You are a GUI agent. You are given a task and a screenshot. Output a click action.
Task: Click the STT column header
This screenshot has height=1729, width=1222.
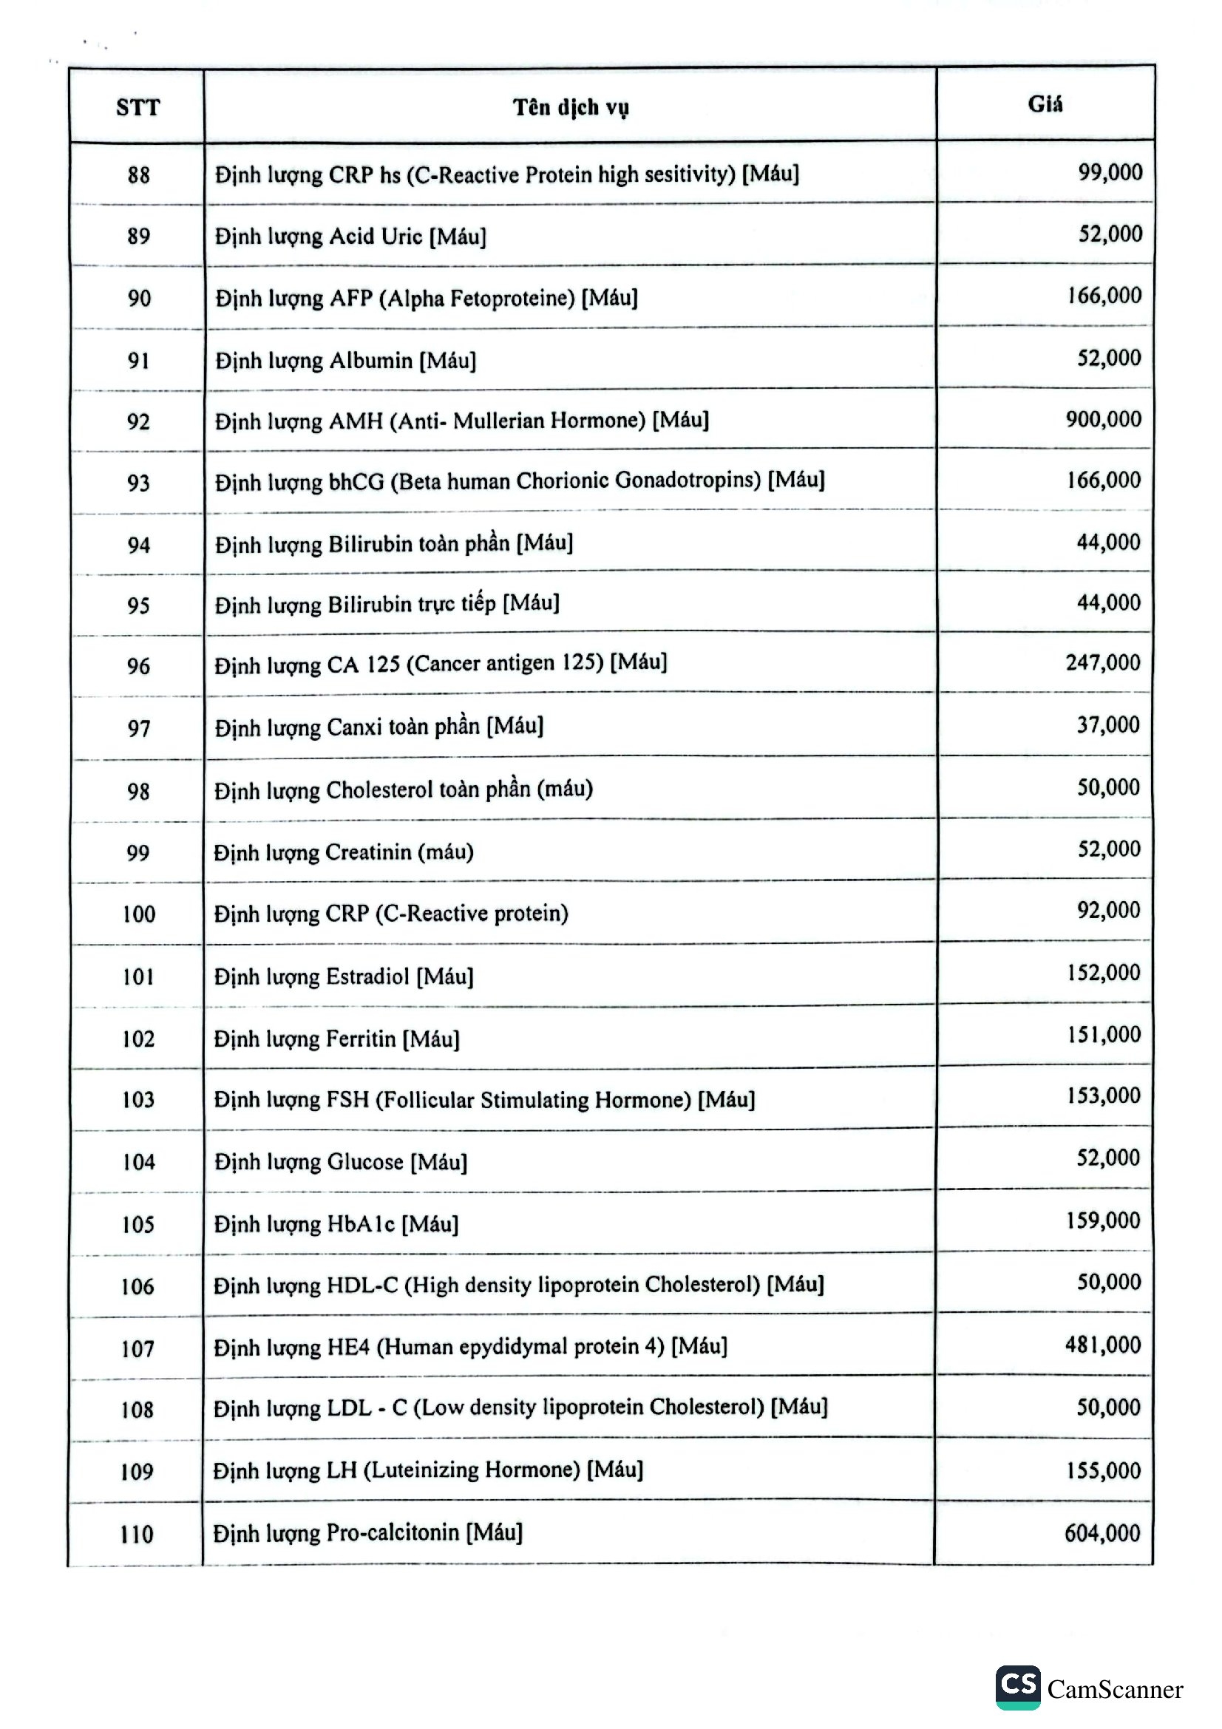point(138,108)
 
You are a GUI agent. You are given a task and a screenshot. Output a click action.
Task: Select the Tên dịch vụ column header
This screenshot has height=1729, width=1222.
point(571,108)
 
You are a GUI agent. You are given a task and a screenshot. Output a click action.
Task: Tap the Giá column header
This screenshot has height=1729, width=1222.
point(1045,105)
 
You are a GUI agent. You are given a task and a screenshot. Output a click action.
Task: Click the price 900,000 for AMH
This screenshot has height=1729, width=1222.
point(1103,419)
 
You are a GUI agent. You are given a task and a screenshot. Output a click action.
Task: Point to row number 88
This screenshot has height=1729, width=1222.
point(138,175)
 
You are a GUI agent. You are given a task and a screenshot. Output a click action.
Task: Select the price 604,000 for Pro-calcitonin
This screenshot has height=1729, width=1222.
point(1102,1532)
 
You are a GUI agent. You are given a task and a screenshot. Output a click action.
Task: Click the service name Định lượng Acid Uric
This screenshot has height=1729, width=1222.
point(351,237)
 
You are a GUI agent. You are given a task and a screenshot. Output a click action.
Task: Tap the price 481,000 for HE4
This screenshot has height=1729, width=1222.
point(1103,1345)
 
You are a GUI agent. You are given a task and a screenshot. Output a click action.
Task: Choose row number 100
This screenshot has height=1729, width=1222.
point(138,914)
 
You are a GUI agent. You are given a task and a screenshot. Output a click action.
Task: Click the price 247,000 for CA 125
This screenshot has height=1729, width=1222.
point(1103,662)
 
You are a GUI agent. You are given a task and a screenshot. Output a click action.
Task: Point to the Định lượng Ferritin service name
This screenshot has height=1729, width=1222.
point(336,1039)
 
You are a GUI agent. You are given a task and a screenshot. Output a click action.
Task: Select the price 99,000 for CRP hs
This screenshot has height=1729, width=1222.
point(1110,172)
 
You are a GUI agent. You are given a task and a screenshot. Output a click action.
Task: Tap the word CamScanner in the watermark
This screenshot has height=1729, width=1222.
point(1115,1690)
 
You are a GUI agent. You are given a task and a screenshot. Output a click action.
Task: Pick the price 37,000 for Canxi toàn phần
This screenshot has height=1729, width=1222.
point(1108,725)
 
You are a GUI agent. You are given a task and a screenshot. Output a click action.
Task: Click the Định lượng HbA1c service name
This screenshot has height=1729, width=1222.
point(336,1223)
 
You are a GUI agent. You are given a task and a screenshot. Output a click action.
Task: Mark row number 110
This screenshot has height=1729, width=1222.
point(136,1534)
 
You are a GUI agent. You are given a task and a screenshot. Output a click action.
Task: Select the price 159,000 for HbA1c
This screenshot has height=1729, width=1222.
point(1103,1220)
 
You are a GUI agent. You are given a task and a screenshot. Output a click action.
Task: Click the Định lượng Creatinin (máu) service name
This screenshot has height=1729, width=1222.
point(343,852)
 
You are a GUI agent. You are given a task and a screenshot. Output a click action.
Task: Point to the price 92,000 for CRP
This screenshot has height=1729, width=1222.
point(1108,911)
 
